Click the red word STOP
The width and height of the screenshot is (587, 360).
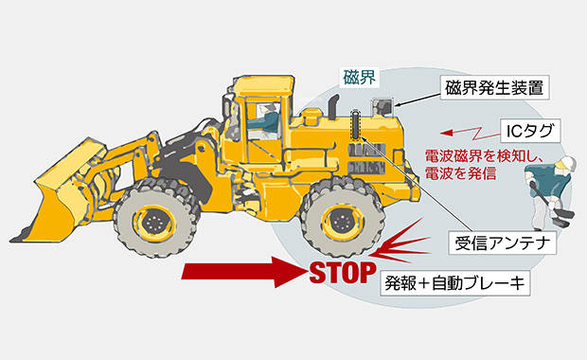[343, 272]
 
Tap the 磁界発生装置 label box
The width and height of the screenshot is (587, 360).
[494, 88]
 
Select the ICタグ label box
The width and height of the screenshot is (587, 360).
[530, 131]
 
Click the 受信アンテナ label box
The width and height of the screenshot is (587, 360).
[503, 243]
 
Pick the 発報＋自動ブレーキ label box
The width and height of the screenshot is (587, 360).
[455, 283]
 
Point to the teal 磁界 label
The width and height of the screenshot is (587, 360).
[359, 77]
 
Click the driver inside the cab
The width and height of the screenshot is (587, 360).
[267, 119]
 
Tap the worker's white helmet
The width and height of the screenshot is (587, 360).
[567, 162]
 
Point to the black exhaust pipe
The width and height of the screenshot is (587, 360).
[333, 106]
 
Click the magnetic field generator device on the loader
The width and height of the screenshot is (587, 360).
[382, 107]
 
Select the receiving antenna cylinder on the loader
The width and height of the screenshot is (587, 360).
[355, 124]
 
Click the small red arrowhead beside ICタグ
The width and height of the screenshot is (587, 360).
[447, 133]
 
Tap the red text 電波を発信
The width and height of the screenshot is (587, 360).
[460, 173]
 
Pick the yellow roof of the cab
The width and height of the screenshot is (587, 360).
[263, 84]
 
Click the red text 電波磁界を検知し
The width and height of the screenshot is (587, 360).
[484, 155]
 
